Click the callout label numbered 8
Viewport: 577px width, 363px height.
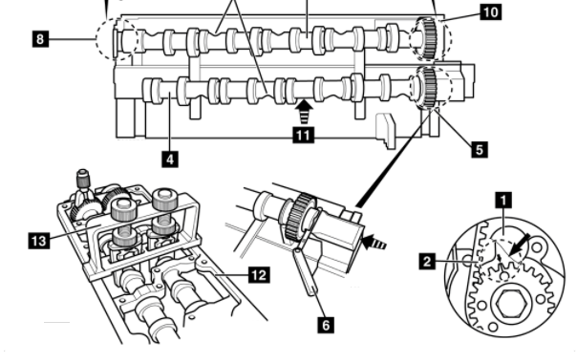point(40,38)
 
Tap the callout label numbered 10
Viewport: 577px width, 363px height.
point(490,12)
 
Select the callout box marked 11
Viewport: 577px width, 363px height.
point(303,135)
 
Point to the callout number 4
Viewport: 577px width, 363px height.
point(170,160)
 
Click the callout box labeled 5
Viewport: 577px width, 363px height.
point(480,149)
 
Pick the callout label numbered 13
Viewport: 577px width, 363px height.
point(39,241)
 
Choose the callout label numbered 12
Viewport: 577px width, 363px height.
point(260,275)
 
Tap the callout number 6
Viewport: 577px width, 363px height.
point(326,325)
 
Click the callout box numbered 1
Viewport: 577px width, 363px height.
point(503,201)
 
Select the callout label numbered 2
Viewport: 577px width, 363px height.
point(427,262)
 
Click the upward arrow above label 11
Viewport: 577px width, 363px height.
point(305,112)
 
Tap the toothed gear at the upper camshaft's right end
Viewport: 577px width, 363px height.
point(426,39)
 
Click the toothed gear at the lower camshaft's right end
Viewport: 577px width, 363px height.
point(426,87)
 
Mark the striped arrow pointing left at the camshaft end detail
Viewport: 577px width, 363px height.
point(374,243)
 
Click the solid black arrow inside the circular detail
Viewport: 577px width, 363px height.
point(521,245)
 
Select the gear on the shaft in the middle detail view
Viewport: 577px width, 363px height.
point(300,216)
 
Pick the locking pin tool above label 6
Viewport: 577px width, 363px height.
point(306,266)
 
